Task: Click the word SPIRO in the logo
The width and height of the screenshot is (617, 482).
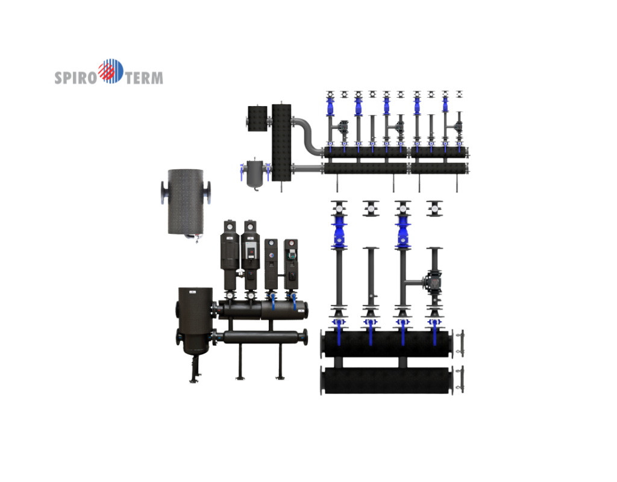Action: [x=75, y=78]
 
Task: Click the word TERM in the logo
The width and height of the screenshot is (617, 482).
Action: [x=144, y=78]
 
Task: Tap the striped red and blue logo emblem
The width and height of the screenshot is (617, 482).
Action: [x=111, y=71]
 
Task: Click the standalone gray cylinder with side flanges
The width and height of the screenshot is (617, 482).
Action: [x=186, y=203]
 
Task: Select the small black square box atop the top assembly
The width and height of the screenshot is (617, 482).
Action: [x=257, y=118]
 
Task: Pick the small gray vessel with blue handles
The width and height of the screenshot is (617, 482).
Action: [x=255, y=174]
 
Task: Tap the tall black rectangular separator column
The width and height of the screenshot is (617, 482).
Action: [x=281, y=142]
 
